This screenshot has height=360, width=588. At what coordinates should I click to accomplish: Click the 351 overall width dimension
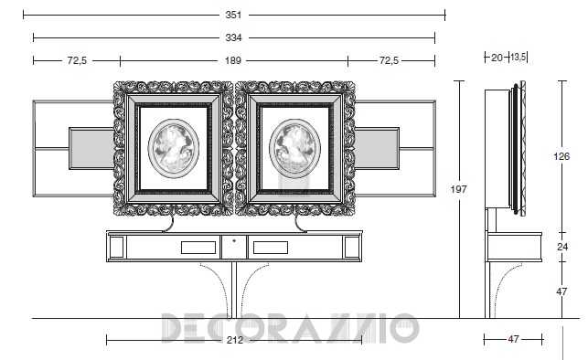[233, 15]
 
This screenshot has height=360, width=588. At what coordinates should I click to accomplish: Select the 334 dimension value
[233, 37]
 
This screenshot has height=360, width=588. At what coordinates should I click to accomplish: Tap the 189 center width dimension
[233, 60]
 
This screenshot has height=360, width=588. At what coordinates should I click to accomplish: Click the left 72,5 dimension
[77, 60]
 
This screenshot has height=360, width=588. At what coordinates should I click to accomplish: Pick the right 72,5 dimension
[389, 60]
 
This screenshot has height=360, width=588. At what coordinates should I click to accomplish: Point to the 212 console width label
[235, 340]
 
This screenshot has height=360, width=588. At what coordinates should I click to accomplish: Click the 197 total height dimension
[459, 189]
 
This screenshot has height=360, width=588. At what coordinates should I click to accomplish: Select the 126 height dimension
[561, 156]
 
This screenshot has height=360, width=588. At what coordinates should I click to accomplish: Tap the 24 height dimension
[562, 247]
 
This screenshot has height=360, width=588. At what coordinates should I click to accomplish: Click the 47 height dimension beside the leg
[561, 291]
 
